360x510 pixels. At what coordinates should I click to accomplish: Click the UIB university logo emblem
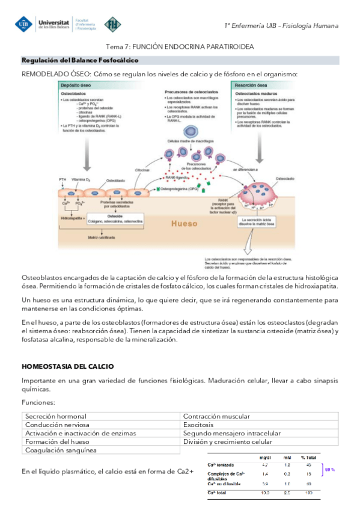(x=25, y=24)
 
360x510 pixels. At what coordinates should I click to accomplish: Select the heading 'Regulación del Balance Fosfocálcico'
(x=80, y=61)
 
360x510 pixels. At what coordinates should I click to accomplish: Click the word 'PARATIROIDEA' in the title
(x=227, y=46)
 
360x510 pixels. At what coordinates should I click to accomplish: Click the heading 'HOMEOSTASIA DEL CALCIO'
(x=68, y=366)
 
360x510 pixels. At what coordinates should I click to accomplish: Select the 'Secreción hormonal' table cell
(x=56, y=416)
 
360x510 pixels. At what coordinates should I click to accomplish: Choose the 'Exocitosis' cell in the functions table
(x=200, y=425)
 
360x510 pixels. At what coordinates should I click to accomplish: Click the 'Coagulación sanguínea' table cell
(x=61, y=450)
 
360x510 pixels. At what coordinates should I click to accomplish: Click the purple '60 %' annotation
(x=330, y=469)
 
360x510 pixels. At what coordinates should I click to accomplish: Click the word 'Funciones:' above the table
(x=38, y=402)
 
